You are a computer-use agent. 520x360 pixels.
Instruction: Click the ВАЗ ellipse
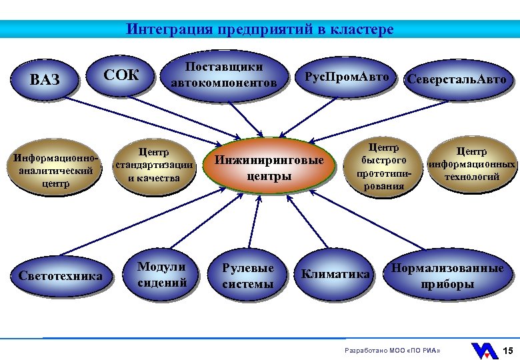point(45,80)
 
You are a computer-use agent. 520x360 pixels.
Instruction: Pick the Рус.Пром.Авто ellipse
point(346,77)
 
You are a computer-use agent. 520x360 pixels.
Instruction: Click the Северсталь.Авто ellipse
point(457,79)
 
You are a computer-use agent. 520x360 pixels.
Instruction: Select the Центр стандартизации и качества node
point(154,165)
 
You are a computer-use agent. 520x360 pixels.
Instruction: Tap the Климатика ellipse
point(335,274)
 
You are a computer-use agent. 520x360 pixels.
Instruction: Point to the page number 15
point(507,351)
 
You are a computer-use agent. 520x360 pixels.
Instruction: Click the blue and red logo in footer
point(484,351)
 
